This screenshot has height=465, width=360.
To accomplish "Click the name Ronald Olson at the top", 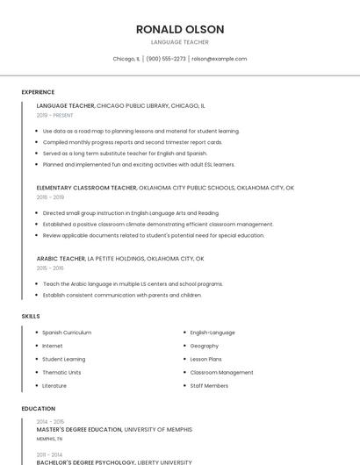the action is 180,29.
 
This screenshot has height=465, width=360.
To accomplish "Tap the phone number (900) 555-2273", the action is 166,59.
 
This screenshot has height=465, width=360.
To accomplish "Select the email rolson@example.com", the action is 219,59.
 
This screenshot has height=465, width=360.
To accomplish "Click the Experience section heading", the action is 38,92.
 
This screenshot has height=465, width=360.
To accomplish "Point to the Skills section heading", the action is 31,316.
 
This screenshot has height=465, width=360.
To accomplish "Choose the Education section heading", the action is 39,409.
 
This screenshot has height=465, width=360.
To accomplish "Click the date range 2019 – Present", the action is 54,115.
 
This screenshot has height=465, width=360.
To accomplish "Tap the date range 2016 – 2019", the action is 50,197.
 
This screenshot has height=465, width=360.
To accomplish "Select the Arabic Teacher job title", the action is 61,259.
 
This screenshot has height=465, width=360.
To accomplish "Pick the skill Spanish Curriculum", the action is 67,333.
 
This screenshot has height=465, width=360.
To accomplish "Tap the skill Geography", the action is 204,346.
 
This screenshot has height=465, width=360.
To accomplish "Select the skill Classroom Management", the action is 221,372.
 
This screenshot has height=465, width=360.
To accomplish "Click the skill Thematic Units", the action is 61,372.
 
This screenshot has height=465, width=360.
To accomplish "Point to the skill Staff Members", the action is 209,385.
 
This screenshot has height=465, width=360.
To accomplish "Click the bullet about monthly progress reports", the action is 132,141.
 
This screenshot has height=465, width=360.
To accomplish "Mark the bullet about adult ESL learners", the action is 139,163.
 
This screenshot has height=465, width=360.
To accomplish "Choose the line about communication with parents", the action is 122,295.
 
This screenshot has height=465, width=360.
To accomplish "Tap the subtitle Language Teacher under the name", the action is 180,42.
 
